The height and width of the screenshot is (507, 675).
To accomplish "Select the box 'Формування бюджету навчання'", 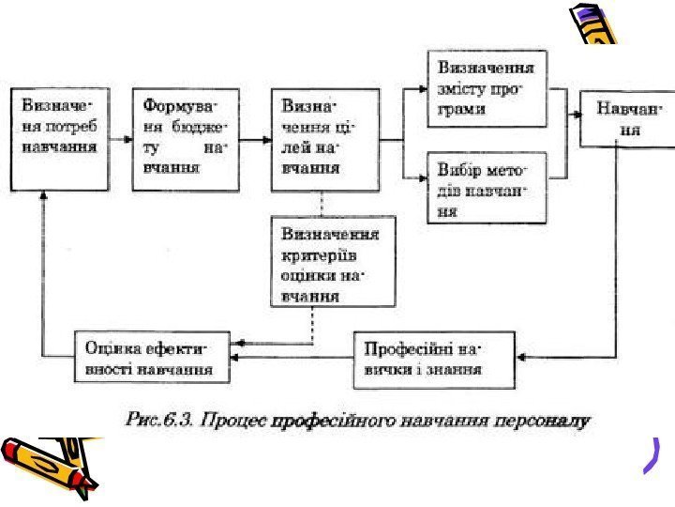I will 184,138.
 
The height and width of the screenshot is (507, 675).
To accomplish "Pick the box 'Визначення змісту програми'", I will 487,88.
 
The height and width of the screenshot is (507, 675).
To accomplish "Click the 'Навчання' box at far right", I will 625,119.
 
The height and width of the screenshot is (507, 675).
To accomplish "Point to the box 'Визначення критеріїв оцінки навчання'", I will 333,260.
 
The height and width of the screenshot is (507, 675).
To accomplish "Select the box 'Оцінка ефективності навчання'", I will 154,357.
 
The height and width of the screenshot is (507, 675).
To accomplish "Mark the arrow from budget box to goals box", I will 254,139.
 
